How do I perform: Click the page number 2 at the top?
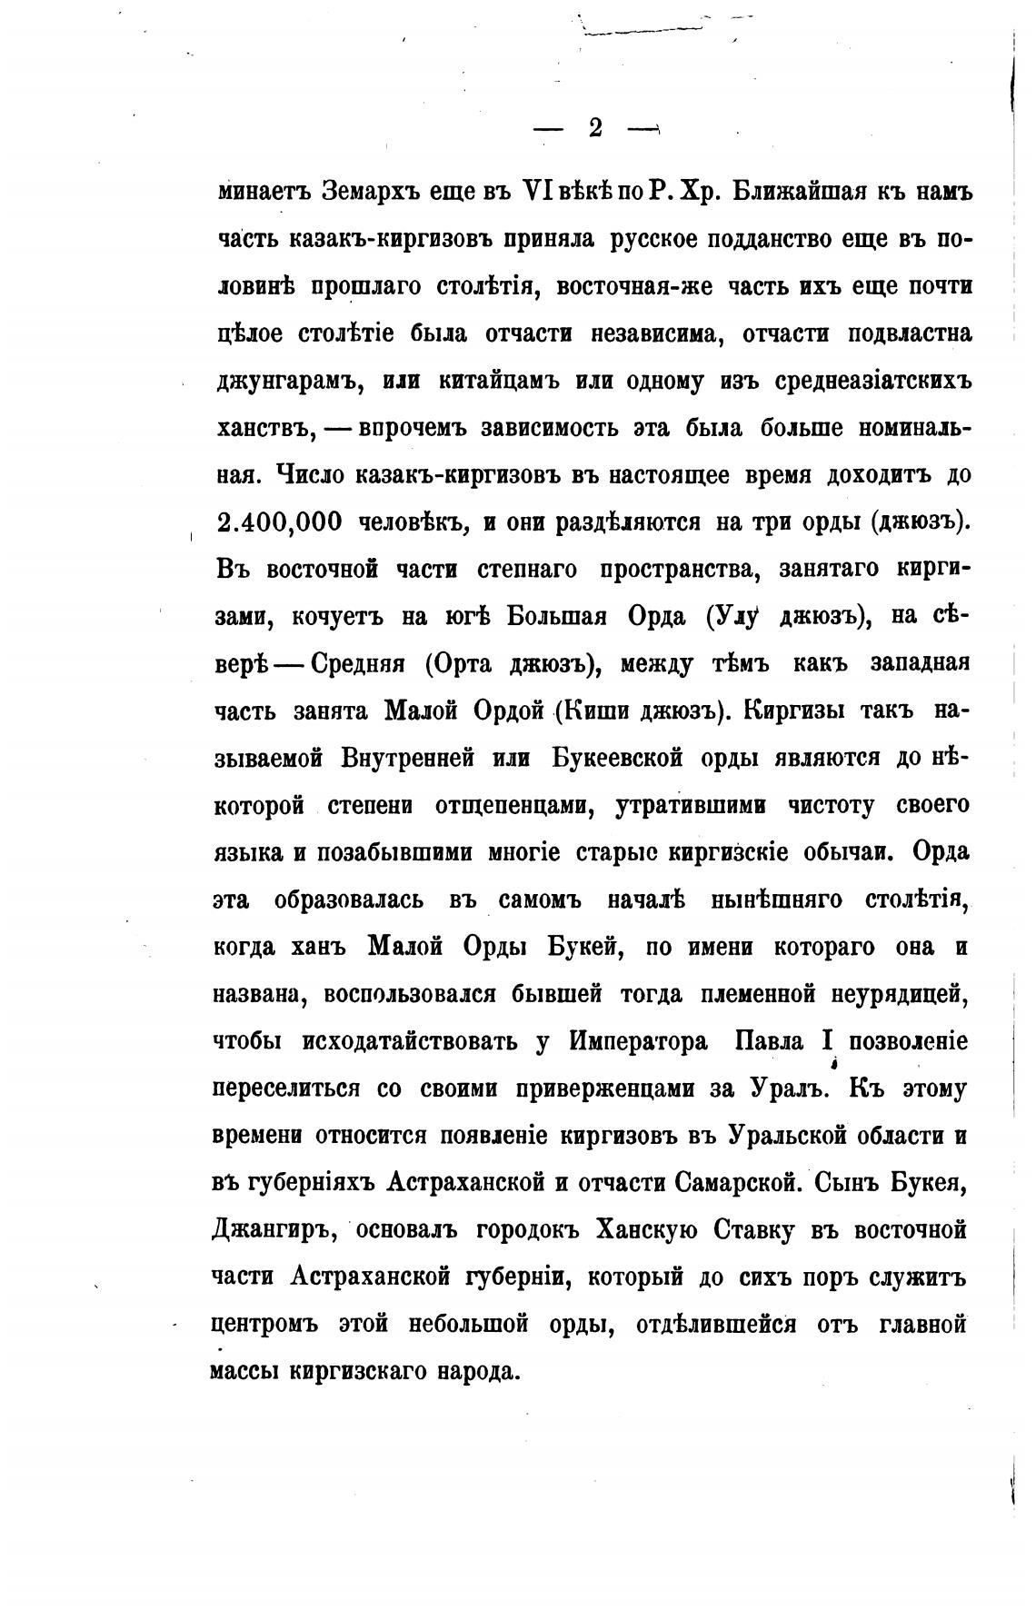point(595,128)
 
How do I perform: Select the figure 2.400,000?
point(280,522)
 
